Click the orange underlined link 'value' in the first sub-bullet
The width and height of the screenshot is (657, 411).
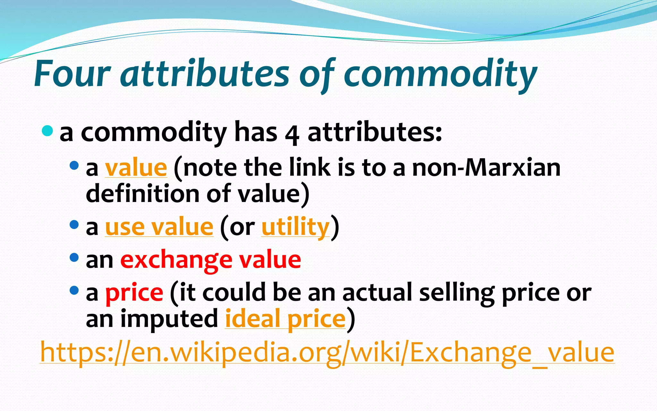pos(136,168)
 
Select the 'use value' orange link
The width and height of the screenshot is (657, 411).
pos(159,227)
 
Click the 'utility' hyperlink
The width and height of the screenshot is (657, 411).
pos(295,227)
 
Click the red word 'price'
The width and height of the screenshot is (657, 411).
pos(134,293)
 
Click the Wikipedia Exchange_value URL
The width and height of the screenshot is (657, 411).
pos(327,352)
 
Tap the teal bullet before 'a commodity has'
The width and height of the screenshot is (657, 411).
pos(47,131)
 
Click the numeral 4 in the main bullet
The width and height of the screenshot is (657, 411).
pos(292,134)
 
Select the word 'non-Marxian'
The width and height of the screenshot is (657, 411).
pos(486,168)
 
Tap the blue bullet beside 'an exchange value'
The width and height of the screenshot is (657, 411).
pos(74,257)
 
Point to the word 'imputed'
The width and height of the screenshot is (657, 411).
pos(169,319)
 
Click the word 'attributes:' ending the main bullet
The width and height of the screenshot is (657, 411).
pos(375,132)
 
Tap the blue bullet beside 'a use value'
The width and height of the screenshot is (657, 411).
pos(74,224)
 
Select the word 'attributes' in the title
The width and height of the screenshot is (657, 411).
pos(205,74)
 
